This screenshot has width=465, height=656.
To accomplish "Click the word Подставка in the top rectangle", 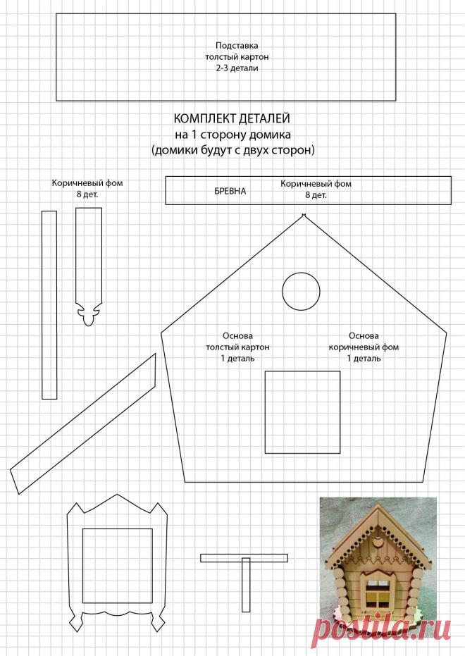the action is click(232, 45).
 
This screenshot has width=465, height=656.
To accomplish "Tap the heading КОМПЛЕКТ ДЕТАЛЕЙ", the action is click(232, 119).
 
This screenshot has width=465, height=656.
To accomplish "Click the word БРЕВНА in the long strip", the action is click(230, 191).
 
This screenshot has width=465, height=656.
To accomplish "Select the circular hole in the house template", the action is click(302, 290).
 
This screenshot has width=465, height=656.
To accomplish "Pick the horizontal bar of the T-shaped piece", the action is click(244, 558).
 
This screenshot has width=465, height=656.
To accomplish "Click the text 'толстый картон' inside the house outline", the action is click(237, 347).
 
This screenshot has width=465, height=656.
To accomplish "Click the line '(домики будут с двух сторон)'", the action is click(232, 149).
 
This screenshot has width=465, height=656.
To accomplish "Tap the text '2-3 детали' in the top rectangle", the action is click(232, 68).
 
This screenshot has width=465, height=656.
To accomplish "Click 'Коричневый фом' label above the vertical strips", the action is click(87, 182).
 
